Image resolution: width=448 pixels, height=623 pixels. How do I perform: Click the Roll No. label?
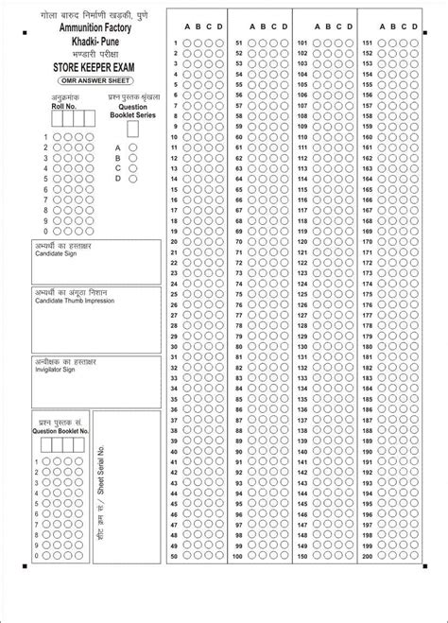60,107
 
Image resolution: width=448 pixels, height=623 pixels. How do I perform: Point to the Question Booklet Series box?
132,129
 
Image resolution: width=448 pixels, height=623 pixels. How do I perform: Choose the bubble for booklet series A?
134,148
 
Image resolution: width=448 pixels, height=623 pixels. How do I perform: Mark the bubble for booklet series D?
134,178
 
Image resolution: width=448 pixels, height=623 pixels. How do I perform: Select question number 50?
175,558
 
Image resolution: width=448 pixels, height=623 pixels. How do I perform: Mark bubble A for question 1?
187,43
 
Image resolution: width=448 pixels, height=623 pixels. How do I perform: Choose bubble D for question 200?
416,558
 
